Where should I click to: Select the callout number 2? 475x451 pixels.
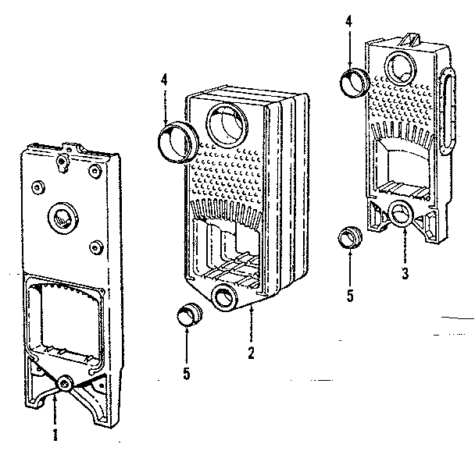[252, 353]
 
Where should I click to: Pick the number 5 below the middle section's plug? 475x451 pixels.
[187, 373]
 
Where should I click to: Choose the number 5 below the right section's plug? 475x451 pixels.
[350, 296]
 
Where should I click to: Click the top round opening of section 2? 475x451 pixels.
[227, 126]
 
